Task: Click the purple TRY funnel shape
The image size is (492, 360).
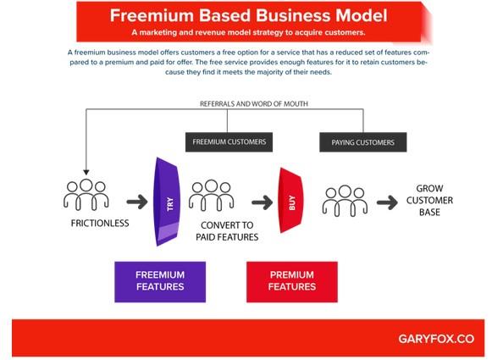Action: (x=167, y=202)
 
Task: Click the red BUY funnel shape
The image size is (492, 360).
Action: (x=291, y=201)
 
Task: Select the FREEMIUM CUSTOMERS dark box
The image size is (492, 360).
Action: (x=229, y=142)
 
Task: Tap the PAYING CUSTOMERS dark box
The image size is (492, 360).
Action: (x=363, y=142)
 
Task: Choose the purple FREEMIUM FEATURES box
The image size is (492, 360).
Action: (x=160, y=282)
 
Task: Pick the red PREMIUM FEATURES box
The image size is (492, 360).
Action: (x=292, y=282)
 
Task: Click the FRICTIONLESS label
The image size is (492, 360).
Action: (x=100, y=223)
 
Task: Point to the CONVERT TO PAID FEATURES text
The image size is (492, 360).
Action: (x=227, y=231)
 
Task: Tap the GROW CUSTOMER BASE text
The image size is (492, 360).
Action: (x=429, y=200)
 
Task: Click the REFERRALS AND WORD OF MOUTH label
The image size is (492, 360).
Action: (x=254, y=104)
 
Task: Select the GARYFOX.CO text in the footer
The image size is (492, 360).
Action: (x=436, y=339)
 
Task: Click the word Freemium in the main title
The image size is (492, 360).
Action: (x=152, y=15)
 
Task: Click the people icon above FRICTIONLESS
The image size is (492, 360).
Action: (x=86, y=195)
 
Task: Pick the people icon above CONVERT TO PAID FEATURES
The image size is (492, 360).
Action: (x=211, y=195)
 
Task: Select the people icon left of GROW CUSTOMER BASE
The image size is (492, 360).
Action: (x=345, y=201)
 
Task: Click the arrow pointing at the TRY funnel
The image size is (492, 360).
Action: (x=137, y=202)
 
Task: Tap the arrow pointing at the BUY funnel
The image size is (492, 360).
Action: (x=263, y=202)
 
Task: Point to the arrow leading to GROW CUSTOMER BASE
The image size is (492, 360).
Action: (x=387, y=202)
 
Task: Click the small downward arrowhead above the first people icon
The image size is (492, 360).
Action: (x=86, y=172)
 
